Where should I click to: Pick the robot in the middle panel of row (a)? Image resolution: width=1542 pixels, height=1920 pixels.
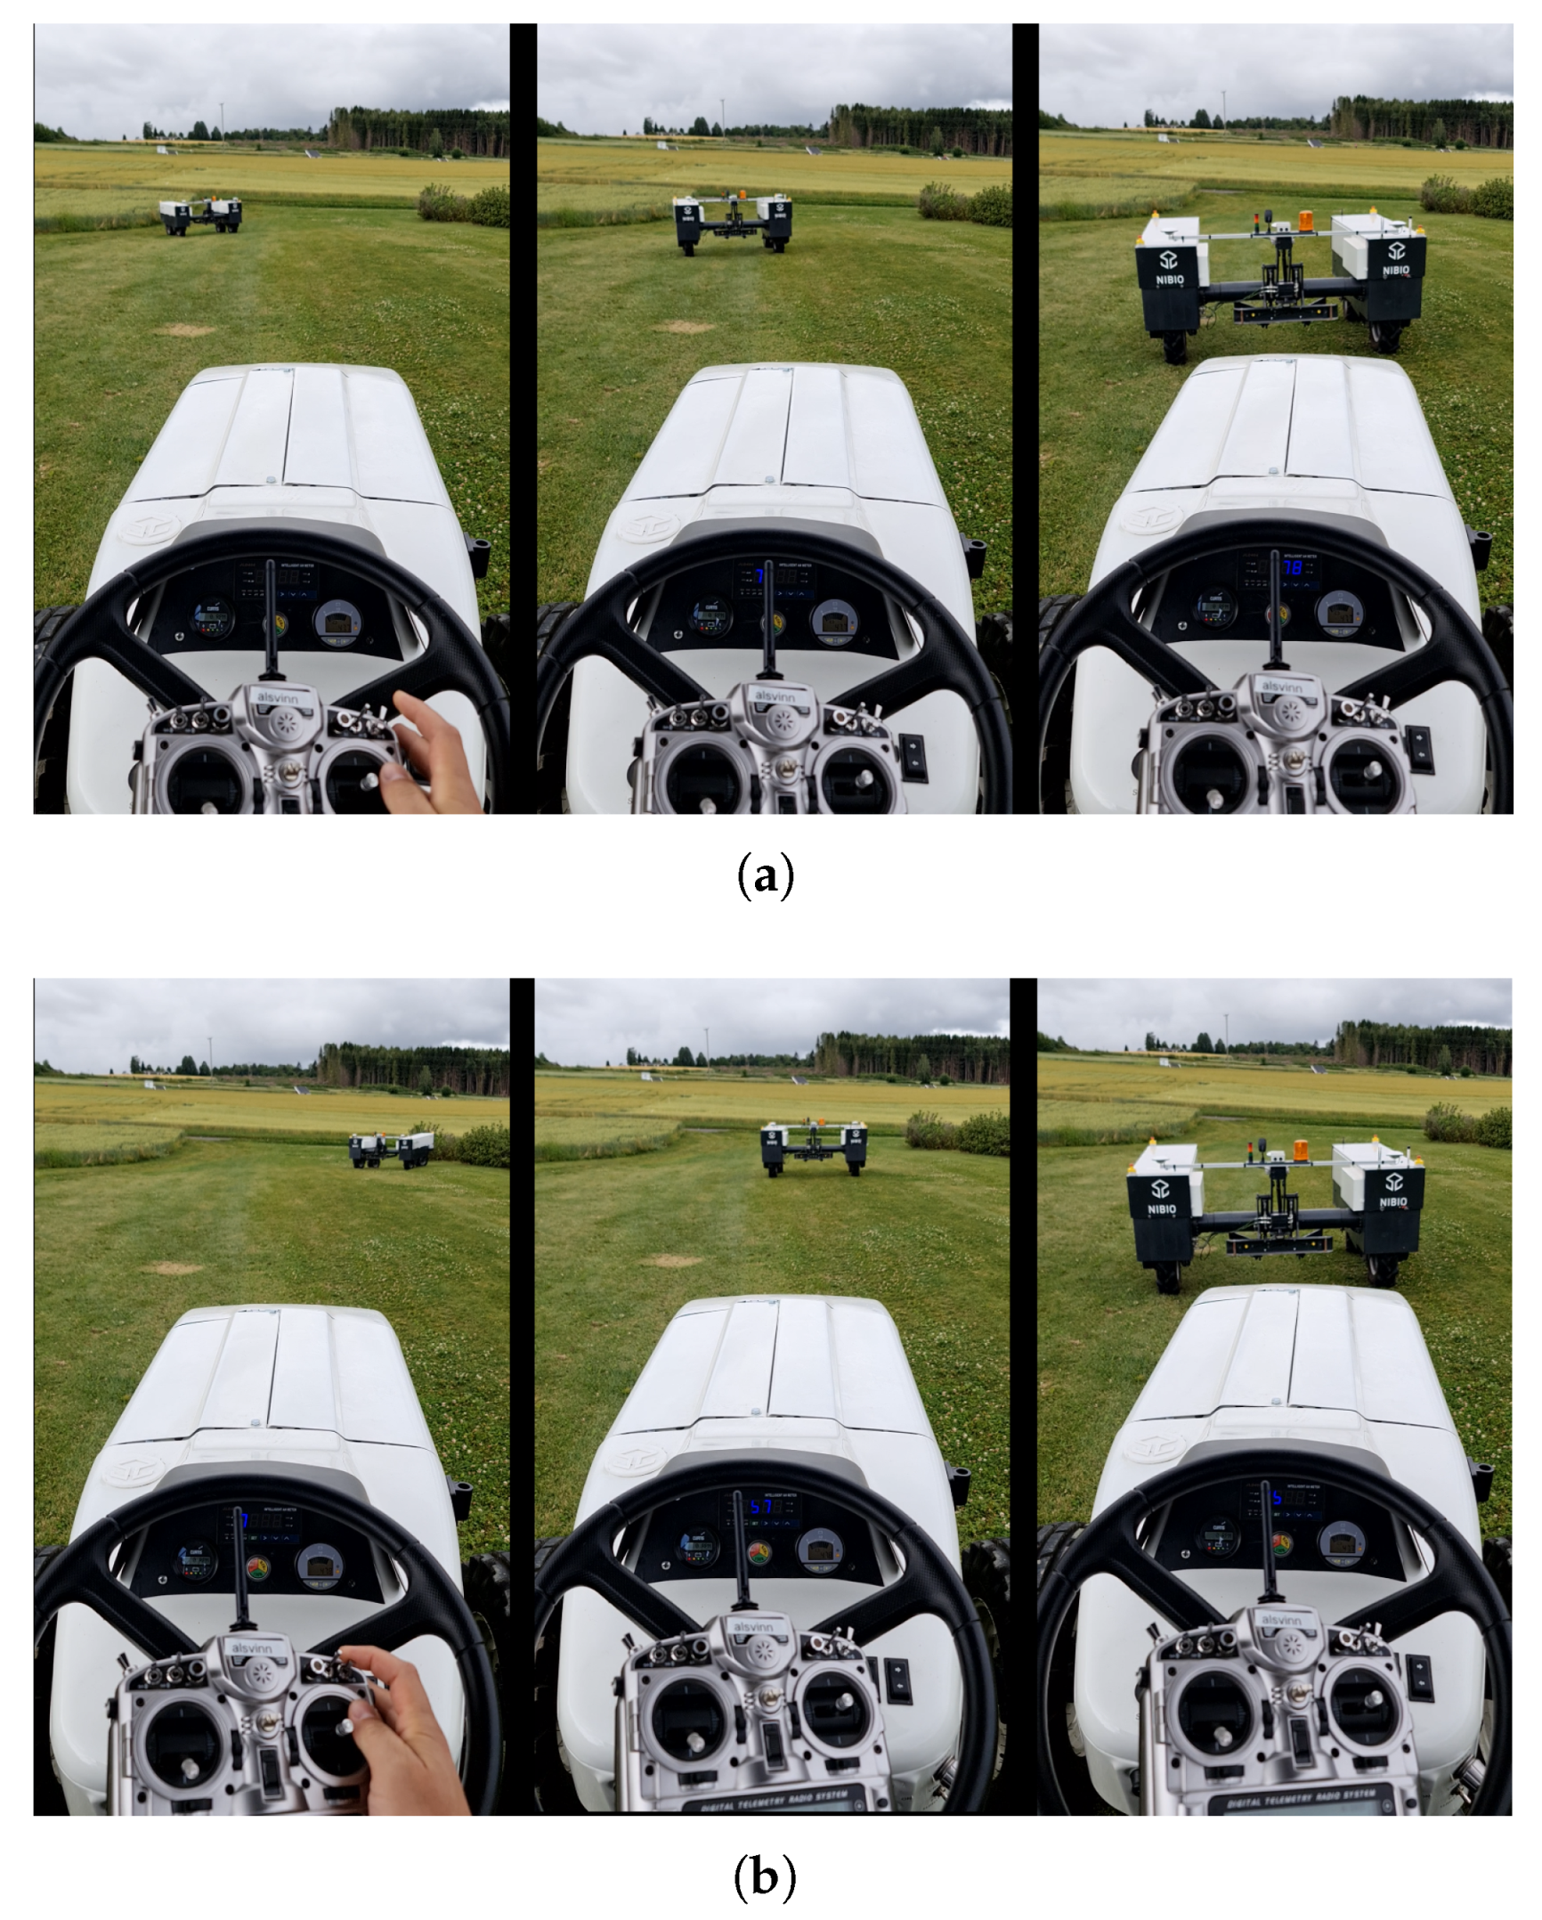click(x=732, y=221)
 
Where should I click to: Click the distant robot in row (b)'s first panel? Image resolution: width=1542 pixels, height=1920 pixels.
click(x=392, y=1150)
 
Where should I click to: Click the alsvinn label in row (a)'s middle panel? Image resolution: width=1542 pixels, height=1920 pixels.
click(x=774, y=697)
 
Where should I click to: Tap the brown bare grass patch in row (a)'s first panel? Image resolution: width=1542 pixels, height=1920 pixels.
click(x=184, y=329)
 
